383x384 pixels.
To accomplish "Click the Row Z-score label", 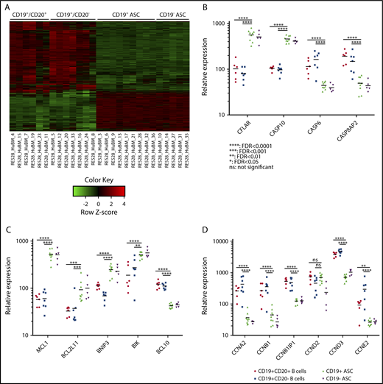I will coord(107,218).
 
